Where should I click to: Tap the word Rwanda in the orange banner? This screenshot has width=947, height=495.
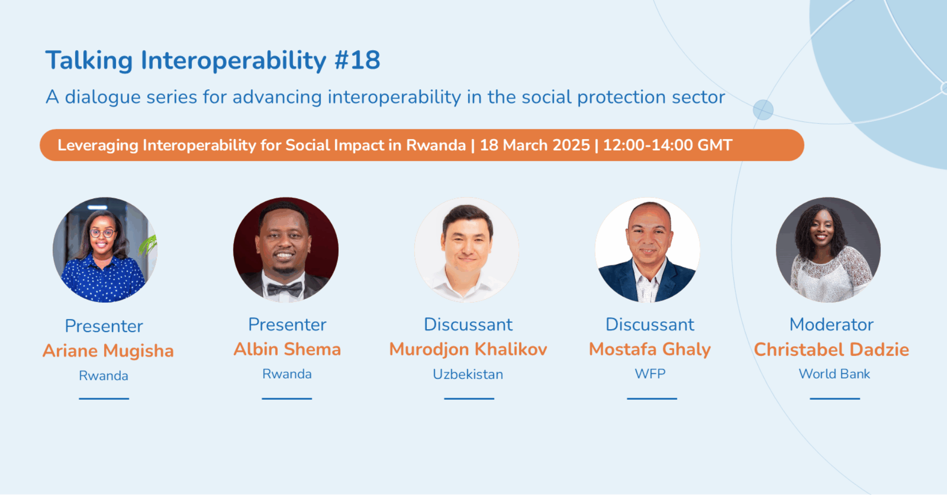[436, 145]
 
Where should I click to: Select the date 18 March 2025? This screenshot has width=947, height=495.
[535, 145]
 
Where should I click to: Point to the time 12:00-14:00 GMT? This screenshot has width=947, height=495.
[668, 145]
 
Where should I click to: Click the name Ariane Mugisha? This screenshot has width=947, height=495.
[108, 351]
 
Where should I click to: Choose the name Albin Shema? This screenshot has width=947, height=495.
[287, 349]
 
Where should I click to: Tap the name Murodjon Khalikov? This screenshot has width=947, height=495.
[468, 349]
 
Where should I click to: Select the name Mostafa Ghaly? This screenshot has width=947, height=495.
[650, 349]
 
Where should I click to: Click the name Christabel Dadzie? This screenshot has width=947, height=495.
[831, 349]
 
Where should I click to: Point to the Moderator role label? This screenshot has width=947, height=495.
[832, 325]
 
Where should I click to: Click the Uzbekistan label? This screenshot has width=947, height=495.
[468, 374]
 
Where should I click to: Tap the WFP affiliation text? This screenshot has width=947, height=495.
[650, 374]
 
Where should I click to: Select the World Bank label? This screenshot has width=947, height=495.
[835, 374]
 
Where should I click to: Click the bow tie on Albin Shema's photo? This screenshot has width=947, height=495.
[285, 288]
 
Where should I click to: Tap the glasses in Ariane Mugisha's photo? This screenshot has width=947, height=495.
[103, 233]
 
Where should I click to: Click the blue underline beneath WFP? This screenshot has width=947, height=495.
[652, 398]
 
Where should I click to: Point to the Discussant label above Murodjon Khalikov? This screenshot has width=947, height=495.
[468, 325]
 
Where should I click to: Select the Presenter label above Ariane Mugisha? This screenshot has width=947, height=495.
[104, 326]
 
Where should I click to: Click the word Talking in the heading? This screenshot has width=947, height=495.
[89, 61]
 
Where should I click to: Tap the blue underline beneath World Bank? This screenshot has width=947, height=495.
[835, 398]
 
